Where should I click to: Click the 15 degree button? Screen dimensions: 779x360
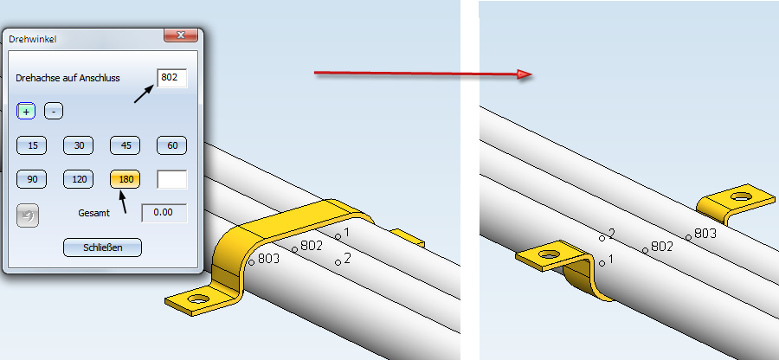click(x=32, y=145)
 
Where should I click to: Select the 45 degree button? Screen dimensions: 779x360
click(x=126, y=145)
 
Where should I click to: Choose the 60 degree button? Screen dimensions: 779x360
click(x=172, y=145)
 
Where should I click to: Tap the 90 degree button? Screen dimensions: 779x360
click(x=32, y=179)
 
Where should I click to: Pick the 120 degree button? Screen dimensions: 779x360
click(x=79, y=179)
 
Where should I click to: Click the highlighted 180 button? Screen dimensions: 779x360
click(x=126, y=179)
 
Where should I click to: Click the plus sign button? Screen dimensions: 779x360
click(x=26, y=112)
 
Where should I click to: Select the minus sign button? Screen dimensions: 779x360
click(x=54, y=112)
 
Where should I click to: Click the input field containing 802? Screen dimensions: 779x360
click(x=172, y=78)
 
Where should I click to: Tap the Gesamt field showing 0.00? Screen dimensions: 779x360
click(x=164, y=213)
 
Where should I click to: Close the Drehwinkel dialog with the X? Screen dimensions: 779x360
click(x=181, y=35)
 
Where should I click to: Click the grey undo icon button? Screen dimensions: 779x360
click(x=28, y=215)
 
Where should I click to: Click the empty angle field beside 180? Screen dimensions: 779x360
click(x=172, y=179)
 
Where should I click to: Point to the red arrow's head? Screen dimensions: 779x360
click(x=525, y=74)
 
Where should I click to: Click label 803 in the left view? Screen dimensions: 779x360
click(x=269, y=258)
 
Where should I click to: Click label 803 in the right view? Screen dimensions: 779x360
click(x=705, y=233)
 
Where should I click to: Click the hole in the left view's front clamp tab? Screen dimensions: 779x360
click(x=199, y=299)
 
